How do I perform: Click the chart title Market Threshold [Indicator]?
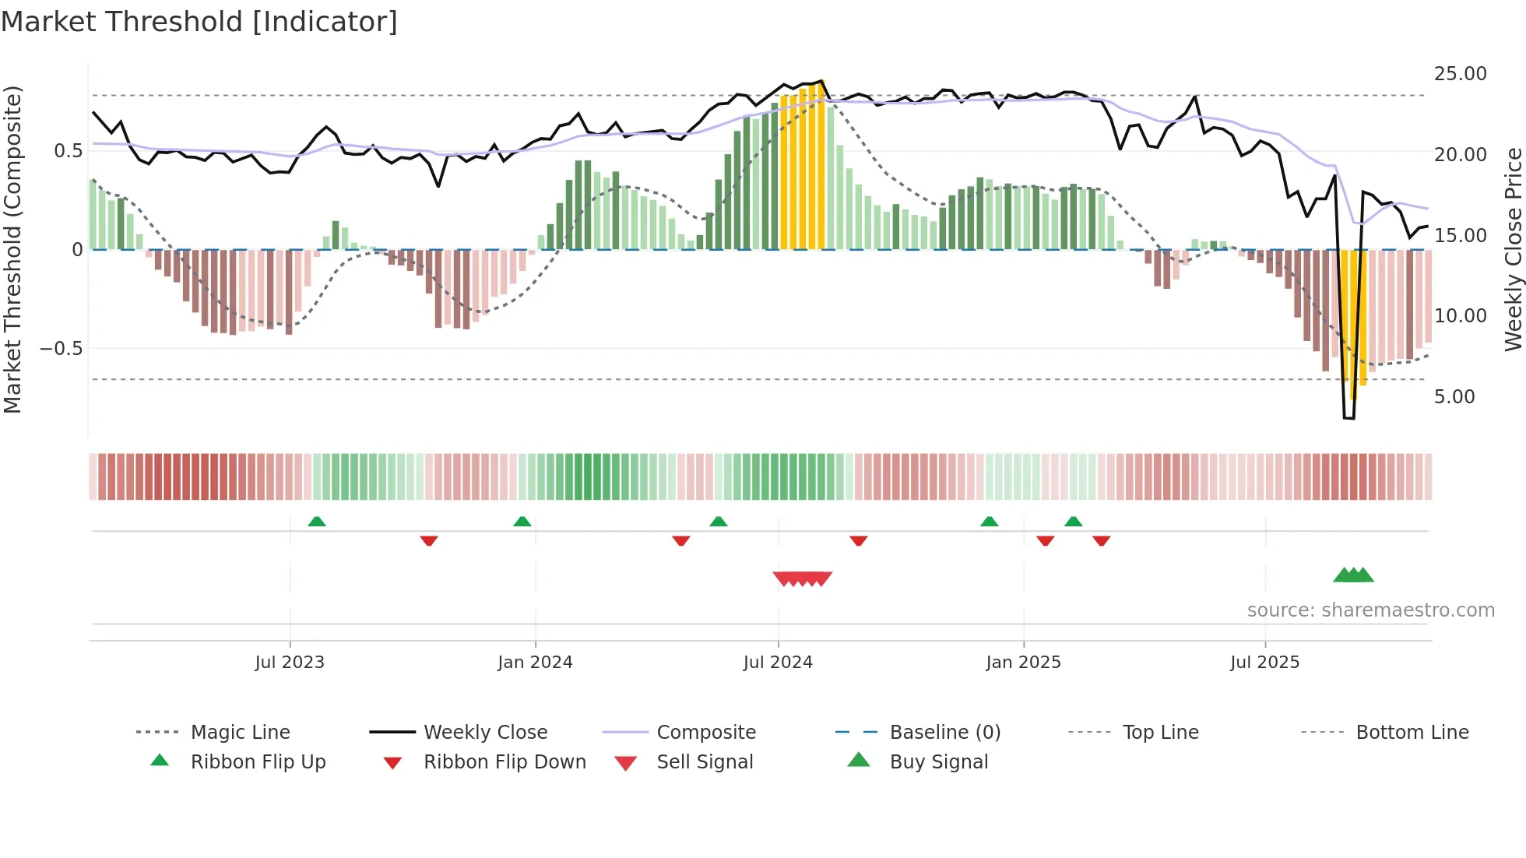point(199,22)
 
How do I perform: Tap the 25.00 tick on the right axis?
point(1460,74)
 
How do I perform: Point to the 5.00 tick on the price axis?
point(1454,397)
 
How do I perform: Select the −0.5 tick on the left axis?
point(61,349)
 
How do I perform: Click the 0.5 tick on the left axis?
point(68,151)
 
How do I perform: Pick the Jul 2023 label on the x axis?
point(290,663)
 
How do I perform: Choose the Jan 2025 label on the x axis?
point(1023,663)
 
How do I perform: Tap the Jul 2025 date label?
point(1264,663)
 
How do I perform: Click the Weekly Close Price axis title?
point(1513,249)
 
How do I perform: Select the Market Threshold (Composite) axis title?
point(12,249)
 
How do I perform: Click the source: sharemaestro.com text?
point(1370,610)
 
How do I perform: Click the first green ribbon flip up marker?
point(317,522)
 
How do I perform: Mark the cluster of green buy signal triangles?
point(1353,575)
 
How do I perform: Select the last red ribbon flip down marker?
point(1101,540)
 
